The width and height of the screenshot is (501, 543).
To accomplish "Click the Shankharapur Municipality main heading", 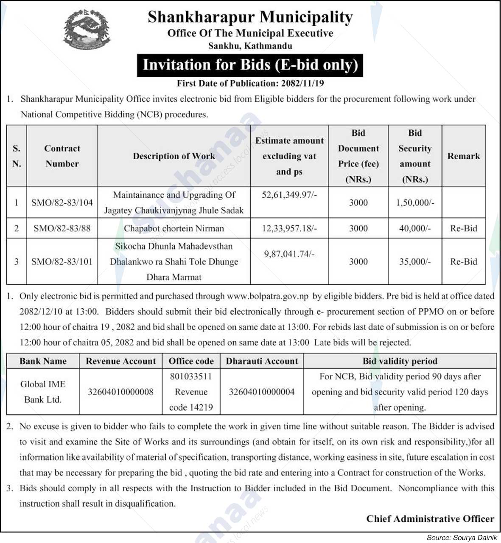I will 250,17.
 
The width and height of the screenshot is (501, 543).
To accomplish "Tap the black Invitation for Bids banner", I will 250,65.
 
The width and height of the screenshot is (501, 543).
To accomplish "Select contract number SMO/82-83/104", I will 62,203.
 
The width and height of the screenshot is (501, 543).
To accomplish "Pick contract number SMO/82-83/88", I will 62,228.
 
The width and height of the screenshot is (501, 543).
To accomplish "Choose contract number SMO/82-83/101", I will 62,262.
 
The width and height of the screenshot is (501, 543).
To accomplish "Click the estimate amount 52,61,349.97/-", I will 289,195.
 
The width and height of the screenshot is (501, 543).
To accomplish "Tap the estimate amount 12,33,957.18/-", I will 289,228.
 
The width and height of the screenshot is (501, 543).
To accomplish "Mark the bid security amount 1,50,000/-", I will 415,203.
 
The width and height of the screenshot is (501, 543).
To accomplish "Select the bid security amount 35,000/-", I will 415,262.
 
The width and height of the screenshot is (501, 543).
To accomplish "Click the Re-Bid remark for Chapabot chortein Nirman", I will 464,228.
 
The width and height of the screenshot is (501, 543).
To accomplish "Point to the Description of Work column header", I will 174,156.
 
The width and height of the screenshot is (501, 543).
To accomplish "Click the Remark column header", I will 464,156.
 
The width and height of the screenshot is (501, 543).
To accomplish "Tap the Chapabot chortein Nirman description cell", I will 174,228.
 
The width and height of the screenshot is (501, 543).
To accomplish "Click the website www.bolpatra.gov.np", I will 267,296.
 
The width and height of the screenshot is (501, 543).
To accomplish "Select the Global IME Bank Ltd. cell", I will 43,391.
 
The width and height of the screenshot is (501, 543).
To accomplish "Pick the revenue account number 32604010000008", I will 120,391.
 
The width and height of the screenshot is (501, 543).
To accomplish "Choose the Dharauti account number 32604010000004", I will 262,391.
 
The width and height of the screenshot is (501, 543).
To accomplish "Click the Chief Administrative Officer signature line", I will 430,519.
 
